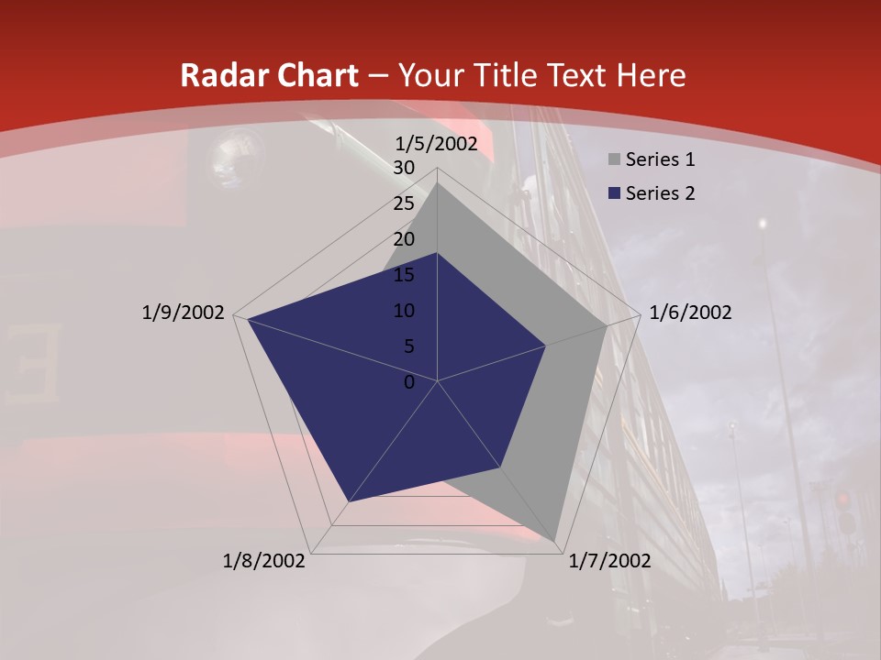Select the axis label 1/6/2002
tap(690, 313)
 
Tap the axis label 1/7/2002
tap(609, 561)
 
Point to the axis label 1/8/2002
tap(264, 561)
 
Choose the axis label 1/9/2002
tap(183, 313)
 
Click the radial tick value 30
tap(404, 168)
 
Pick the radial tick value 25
tap(404, 203)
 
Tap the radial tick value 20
tap(404, 239)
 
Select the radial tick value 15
tap(404, 275)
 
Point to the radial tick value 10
tap(404, 311)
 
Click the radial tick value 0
tap(409, 382)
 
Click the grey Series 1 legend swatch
tap(614, 160)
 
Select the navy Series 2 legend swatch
tap(614, 193)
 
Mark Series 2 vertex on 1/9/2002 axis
tap(247, 319)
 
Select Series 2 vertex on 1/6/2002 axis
tap(546, 346)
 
